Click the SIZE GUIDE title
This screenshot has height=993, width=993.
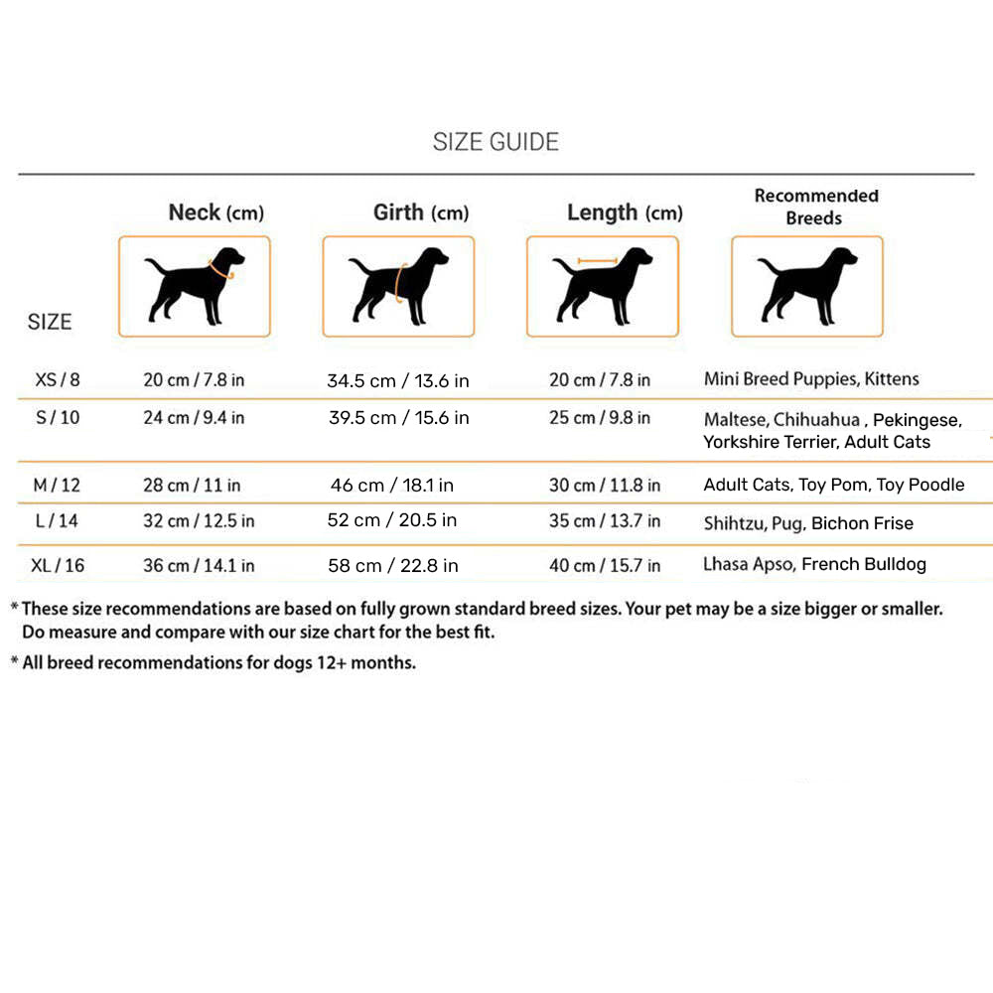point(496,142)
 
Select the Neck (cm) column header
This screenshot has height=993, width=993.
point(215,213)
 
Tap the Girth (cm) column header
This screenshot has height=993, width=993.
point(420,213)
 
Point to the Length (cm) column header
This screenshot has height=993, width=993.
point(625,213)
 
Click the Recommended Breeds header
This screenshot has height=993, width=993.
point(815,207)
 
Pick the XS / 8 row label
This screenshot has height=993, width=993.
point(58,379)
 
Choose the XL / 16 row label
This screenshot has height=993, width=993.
point(58,565)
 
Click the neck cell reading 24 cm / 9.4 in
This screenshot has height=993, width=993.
point(194,417)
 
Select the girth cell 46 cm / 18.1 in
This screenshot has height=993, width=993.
point(392,486)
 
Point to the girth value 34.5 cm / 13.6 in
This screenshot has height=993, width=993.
point(398,380)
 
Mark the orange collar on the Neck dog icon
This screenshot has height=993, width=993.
point(220,268)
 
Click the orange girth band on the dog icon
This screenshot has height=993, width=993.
point(399,283)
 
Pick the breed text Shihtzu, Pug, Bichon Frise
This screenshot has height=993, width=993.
point(808,523)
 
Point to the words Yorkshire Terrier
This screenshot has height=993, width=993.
point(769,442)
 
